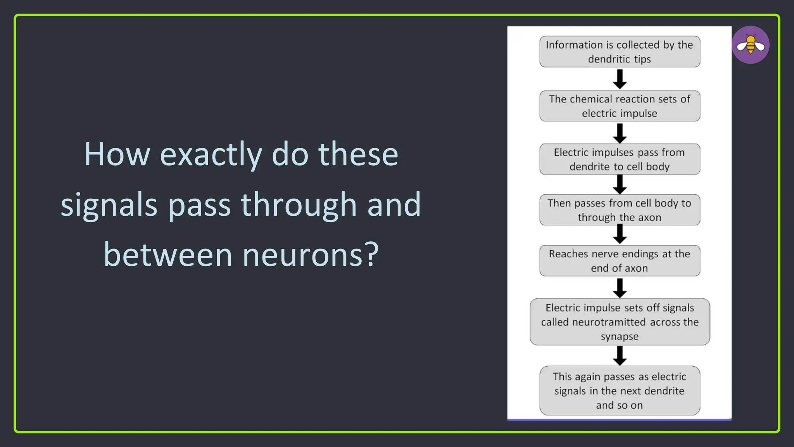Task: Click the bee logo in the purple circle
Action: point(751,45)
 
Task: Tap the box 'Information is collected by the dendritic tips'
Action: point(620,52)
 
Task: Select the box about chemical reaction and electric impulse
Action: point(620,106)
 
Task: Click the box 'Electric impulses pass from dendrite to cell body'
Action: point(620,159)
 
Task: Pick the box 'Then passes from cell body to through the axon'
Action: point(620,210)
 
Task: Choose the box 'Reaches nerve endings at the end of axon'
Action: point(620,261)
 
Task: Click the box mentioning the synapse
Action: point(620,322)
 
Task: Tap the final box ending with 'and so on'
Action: point(620,390)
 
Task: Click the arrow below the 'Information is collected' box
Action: point(620,79)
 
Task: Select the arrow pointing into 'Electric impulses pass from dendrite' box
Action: point(620,133)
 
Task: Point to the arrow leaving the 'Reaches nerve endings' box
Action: point(620,288)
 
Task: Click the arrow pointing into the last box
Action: point(620,355)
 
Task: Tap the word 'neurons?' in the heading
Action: point(311,255)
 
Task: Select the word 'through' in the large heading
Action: point(299,204)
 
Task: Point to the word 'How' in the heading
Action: point(117,154)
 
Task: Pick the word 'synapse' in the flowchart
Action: point(620,336)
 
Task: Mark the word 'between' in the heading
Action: point(168,255)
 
